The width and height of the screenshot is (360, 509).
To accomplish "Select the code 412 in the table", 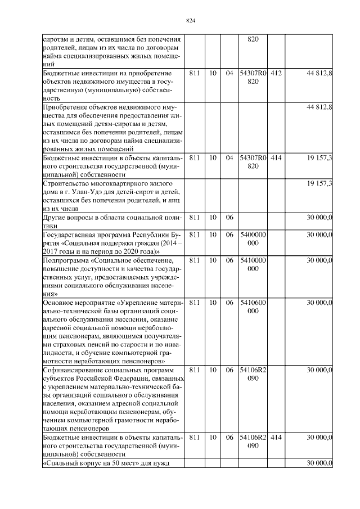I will [276, 74].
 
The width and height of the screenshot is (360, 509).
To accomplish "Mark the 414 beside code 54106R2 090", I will [276, 437].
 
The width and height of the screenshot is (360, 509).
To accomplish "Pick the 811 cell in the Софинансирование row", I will [195, 370].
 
